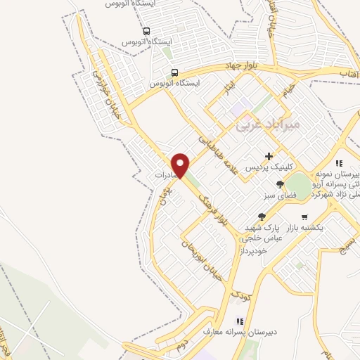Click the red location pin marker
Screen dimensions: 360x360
[x=181, y=165]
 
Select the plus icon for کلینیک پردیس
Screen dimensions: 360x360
[x=269, y=156]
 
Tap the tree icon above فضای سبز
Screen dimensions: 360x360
[x=280, y=184]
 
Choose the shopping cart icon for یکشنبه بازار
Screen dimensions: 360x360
[x=304, y=217]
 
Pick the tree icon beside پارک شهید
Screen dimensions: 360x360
[x=262, y=217]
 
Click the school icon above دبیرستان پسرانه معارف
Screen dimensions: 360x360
[x=239, y=321]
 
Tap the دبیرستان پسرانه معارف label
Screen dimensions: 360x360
[x=238, y=331]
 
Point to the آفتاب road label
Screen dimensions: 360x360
[x=349, y=73]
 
